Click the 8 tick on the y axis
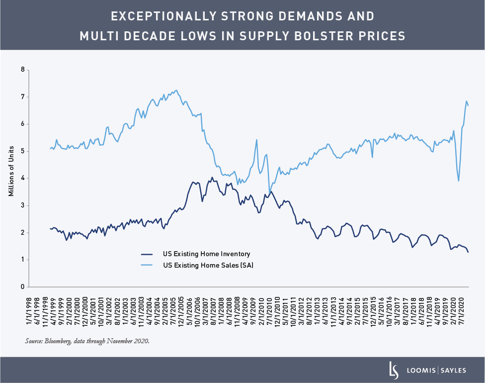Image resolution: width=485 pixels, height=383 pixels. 22,70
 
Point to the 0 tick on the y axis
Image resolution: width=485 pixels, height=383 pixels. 22,287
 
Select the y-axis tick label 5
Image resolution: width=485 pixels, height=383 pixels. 22,151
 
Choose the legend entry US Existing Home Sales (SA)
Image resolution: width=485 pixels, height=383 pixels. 208,266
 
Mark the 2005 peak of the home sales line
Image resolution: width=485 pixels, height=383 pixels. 176,90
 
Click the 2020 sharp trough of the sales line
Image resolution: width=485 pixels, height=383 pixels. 458,181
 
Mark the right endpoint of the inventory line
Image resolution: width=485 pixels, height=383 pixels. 468,252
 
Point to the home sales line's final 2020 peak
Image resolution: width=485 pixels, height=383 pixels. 466,101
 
